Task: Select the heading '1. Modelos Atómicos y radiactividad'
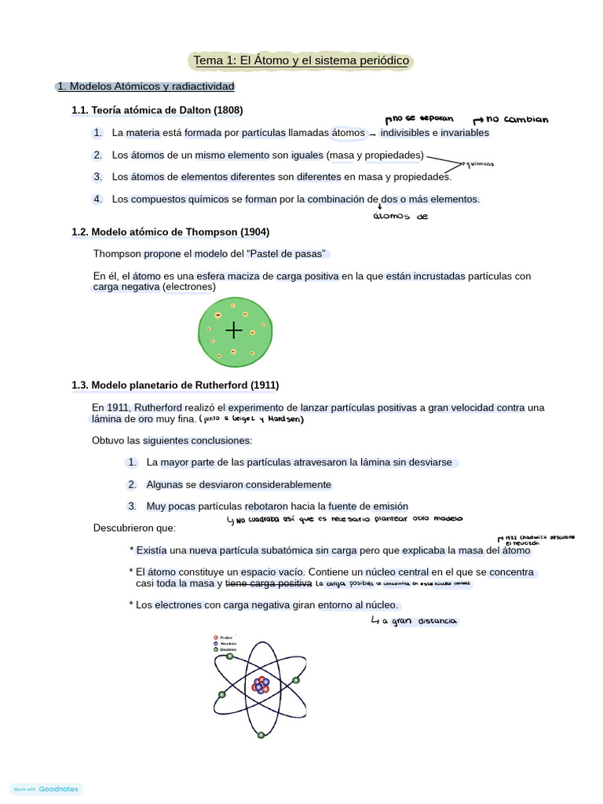click(145, 86)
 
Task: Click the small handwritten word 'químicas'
click(479, 164)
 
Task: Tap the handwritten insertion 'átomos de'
click(400, 217)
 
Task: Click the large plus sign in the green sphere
click(233, 330)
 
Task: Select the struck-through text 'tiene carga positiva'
click(269, 584)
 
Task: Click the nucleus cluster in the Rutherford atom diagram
click(261, 685)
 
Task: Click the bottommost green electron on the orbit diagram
click(261, 736)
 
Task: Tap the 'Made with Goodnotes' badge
click(46, 789)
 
